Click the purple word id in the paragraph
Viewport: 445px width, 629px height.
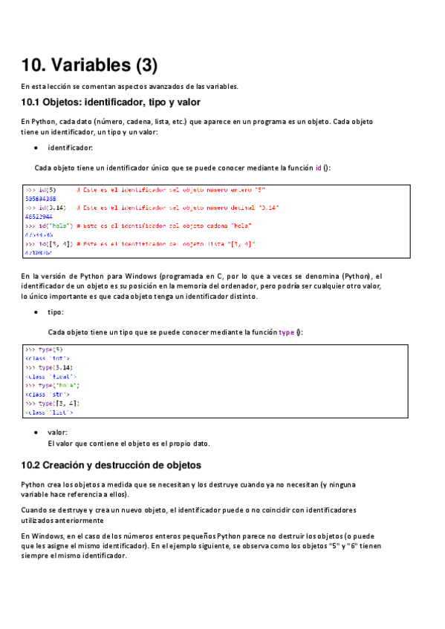point(319,168)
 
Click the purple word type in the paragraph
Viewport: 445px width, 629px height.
point(287,332)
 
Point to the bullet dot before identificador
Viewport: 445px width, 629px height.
point(36,148)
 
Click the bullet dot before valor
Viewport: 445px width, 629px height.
point(36,432)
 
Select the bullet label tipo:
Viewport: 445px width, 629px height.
point(56,312)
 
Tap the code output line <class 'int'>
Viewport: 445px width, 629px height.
point(48,358)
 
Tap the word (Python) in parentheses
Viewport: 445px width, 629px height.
point(357,276)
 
